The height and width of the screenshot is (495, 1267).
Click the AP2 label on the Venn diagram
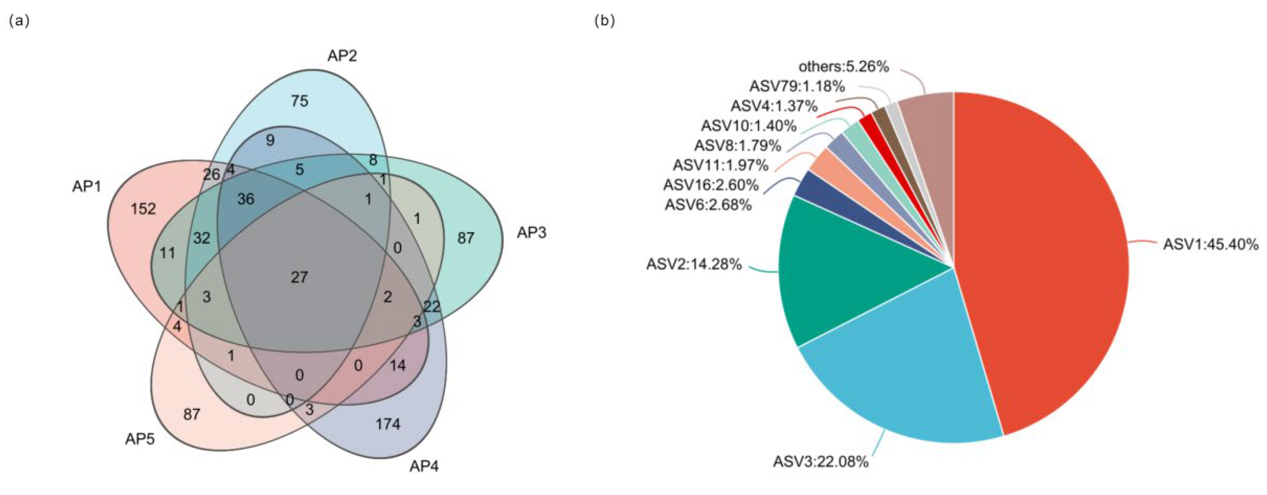(342, 56)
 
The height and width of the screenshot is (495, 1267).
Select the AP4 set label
(424, 466)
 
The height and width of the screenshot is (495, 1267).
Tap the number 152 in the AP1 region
(143, 209)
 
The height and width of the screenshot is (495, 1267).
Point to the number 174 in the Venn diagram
(388, 424)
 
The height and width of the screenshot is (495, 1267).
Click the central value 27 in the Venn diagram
(299, 277)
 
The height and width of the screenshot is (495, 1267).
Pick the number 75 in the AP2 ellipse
(299, 101)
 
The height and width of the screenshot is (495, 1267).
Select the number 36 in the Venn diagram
(245, 199)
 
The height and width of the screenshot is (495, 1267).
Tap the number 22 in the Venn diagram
(431, 307)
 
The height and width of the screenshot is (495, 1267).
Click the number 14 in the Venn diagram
(398, 365)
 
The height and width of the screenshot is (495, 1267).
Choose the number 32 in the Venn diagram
(202, 239)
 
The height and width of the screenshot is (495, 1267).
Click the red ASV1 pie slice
(1043, 256)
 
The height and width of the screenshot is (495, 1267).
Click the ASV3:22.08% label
(820, 462)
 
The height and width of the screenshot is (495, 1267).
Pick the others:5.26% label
(843, 66)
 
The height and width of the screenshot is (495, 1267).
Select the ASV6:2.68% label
(708, 205)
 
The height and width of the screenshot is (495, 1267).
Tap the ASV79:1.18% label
(797, 86)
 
